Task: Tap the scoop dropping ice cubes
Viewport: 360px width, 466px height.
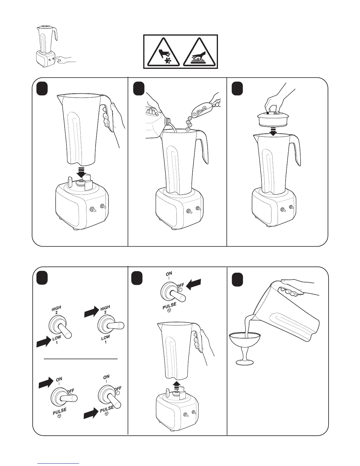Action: coord(204,109)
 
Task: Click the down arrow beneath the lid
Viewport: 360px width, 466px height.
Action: coord(273,132)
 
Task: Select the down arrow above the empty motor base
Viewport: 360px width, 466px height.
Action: coord(81,172)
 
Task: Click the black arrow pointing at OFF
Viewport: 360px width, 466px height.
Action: coord(194,284)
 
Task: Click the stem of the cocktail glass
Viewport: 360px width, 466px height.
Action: coord(245,355)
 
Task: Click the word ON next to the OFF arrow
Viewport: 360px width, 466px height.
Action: coord(169,274)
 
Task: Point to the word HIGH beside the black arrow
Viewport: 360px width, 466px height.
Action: coord(105,308)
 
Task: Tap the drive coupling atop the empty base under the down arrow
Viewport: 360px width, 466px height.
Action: coord(81,183)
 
